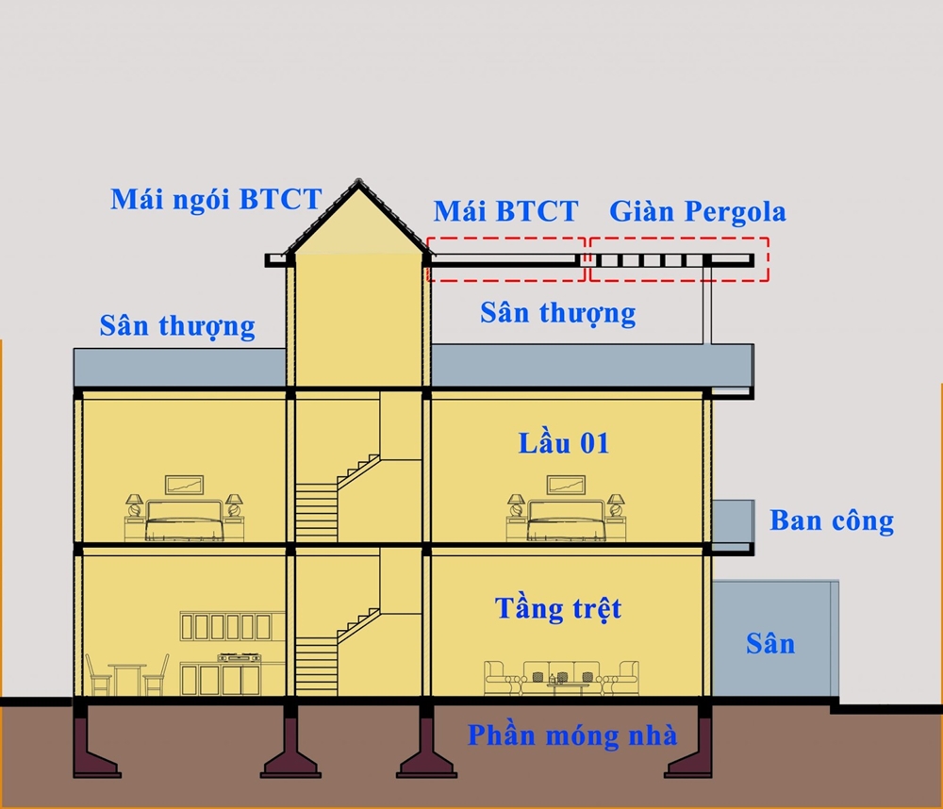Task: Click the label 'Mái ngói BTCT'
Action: point(216,200)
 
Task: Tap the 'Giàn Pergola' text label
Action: point(697,211)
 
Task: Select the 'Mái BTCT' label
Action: point(505,211)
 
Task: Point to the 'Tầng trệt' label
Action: point(558,608)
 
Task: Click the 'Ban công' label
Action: point(831,520)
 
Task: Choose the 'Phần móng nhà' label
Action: point(571,735)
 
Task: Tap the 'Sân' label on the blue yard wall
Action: point(769,644)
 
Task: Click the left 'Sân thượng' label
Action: point(177,326)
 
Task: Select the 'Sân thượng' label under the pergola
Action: point(557,312)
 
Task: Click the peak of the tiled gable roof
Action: point(358,181)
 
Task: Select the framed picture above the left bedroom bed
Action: point(185,485)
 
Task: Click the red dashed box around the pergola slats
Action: point(679,259)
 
